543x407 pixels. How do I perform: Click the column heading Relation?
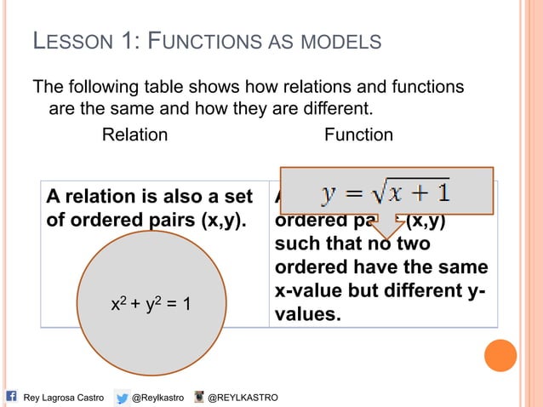tap(134, 135)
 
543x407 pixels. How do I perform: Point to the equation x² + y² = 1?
tap(151, 303)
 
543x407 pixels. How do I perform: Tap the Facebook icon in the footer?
tap(12, 397)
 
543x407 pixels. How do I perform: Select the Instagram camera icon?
tap(201, 397)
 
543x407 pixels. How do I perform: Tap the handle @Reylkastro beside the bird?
tap(159, 398)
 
